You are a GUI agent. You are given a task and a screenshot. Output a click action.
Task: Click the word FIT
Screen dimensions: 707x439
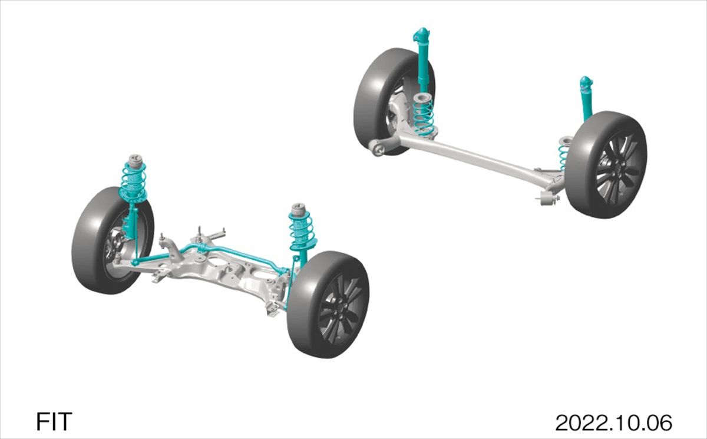coord(54,421)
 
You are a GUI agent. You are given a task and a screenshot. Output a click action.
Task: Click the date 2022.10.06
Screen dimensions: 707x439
coord(613,423)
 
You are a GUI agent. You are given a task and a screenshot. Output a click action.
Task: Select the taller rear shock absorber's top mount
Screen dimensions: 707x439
coord(421,35)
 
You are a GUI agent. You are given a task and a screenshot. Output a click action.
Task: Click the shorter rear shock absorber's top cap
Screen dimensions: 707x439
coord(586,81)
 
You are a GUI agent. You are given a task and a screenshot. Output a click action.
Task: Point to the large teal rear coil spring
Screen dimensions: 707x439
coord(424,117)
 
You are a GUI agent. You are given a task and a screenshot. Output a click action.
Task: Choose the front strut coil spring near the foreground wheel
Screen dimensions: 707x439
coord(301,230)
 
